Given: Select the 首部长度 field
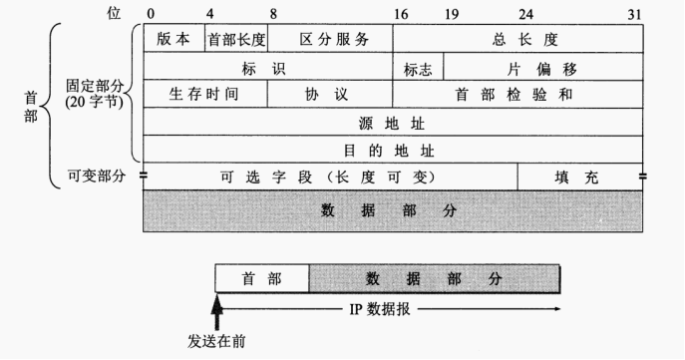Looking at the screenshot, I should [236, 39].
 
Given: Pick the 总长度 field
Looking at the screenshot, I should [517, 39].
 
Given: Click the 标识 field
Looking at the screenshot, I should [268, 68].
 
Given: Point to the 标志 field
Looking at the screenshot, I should [418, 68].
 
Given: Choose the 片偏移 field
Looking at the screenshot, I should [543, 68].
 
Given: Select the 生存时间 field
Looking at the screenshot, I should [205, 95].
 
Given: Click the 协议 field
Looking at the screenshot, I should [330, 95].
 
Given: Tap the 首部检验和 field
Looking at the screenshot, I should [517, 95].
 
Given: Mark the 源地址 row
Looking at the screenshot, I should [394, 123].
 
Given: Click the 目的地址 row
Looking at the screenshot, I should [394, 151].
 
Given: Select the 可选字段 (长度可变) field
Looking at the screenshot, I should [330, 177].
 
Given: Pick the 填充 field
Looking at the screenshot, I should [579, 177].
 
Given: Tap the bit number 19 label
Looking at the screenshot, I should [452, 13].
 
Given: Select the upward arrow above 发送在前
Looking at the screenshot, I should [216, 306].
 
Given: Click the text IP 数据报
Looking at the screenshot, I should [383, 308].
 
